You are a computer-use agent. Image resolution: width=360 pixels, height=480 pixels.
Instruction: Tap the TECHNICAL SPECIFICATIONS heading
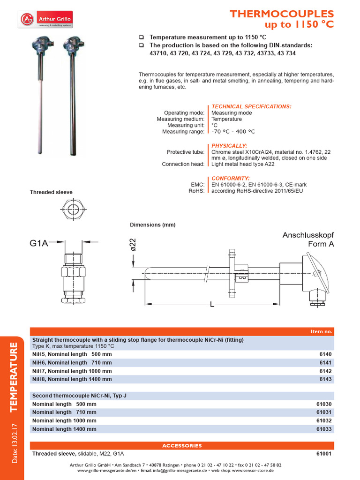coord(251,106)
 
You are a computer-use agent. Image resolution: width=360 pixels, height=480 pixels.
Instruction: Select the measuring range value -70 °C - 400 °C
coord(233,132)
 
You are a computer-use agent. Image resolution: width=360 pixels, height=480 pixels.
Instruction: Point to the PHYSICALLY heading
coord(229,145)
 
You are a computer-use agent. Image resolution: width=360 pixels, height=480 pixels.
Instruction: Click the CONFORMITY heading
coord(230,178)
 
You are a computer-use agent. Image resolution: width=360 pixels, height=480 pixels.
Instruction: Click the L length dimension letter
coord(212,305)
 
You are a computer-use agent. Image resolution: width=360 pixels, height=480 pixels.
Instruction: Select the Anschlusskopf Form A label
coord(308,239)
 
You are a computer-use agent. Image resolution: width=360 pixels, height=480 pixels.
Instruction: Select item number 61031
coord(323,412)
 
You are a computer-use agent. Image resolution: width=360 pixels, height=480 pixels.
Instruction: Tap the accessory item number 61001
coord(323,454)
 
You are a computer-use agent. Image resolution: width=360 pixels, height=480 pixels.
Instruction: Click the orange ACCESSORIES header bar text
coord(182,445)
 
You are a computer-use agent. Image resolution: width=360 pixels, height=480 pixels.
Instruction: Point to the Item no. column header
coord(321,331)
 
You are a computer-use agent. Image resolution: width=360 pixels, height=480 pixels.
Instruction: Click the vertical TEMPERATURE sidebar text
coord(14,377)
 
